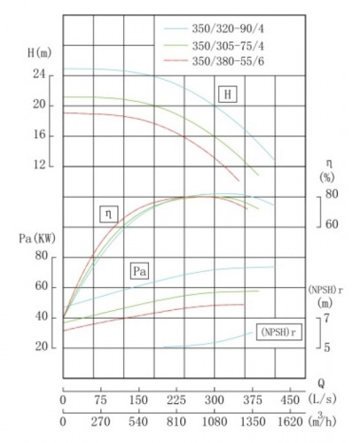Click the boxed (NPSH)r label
(x=277, y=331)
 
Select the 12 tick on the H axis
(x=39, y=165)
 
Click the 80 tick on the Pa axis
(x=40, y=256)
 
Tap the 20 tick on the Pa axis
(x=40, y=346)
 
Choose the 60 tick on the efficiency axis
(x=332, y=223)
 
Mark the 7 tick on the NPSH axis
(x=326, y=317)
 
